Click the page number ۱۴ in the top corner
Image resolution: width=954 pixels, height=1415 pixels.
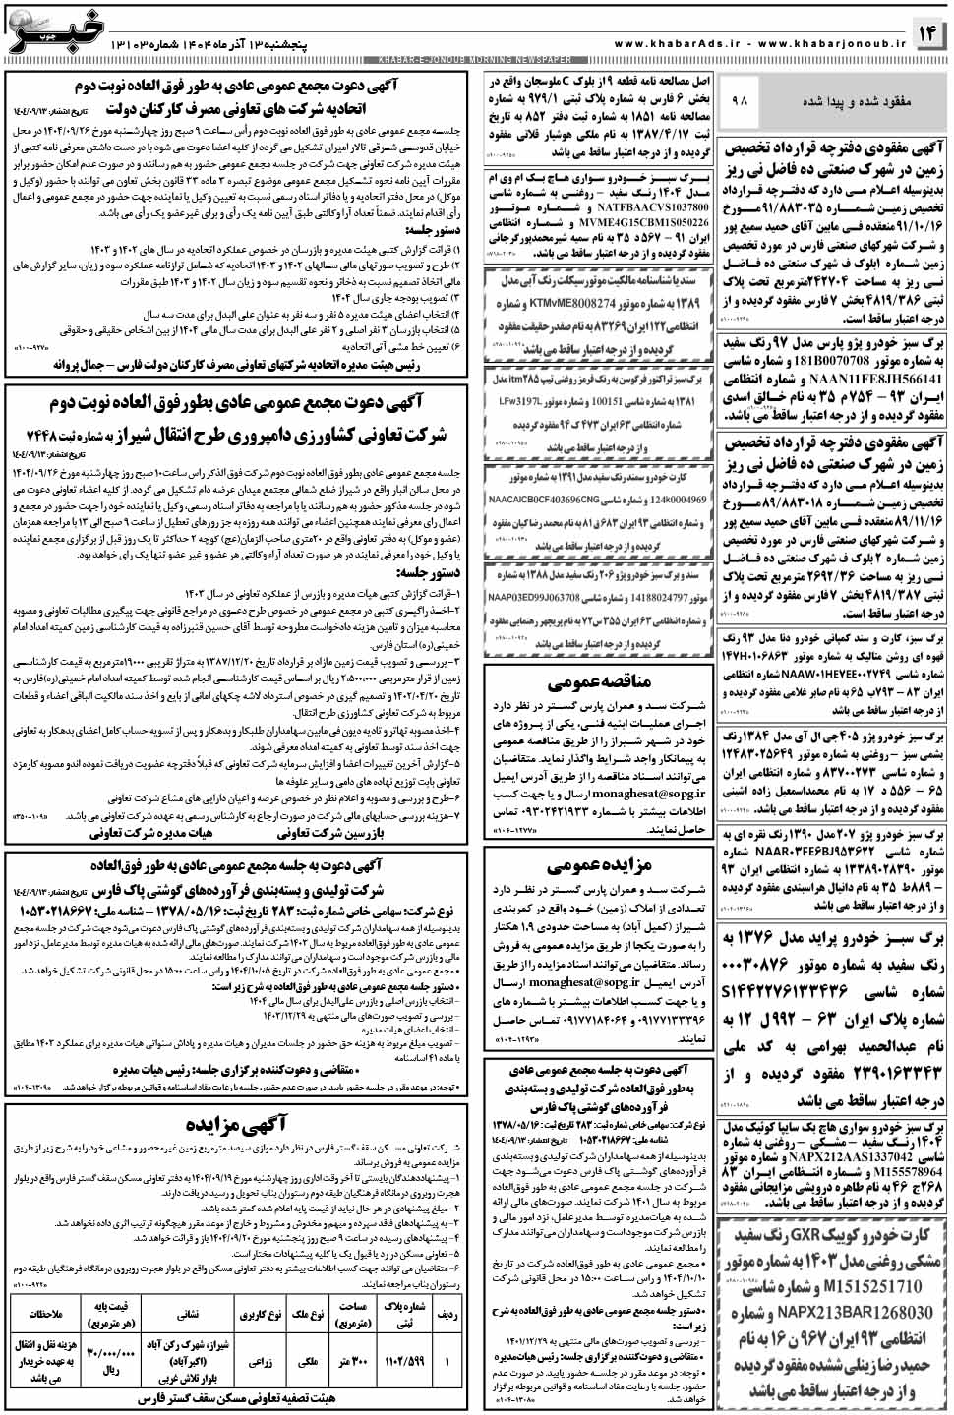[x=927, y=34]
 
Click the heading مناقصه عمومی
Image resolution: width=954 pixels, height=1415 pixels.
[x=599, y=681]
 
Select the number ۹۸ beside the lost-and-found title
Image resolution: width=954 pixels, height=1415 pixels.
[x=741, y=101]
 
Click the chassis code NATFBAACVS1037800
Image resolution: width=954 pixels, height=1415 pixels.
[x=652, y=208]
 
